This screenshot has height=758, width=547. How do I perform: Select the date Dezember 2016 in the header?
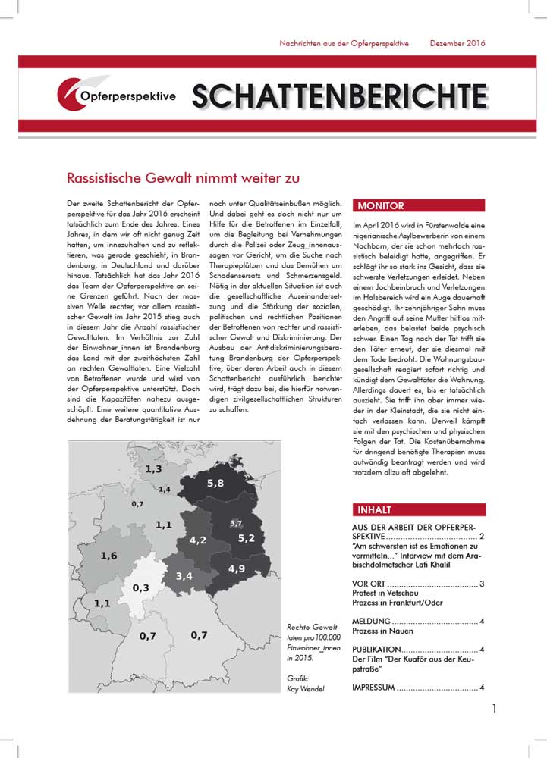click(x=457, y=43)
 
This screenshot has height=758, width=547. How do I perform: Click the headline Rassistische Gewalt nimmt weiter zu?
click(x=173, y=179)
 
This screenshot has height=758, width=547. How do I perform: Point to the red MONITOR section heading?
click(x=381, y=205)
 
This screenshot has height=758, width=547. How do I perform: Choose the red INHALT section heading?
click(x=374, y=509)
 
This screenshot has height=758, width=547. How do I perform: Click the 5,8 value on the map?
click(x=215, y=483)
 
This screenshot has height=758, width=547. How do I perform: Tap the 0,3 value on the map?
click(x=140, y=588)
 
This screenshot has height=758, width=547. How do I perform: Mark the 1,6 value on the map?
click(x=109, y=556)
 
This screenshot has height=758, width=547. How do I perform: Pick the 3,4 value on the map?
click(x=184, y=577)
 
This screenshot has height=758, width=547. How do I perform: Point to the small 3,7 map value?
click(x=235, y=524)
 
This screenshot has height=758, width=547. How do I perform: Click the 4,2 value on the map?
click(x=198, y=540)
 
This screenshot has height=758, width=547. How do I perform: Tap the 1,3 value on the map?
click(x=153, y=470)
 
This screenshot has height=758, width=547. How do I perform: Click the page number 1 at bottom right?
click(x=494, y=709)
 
